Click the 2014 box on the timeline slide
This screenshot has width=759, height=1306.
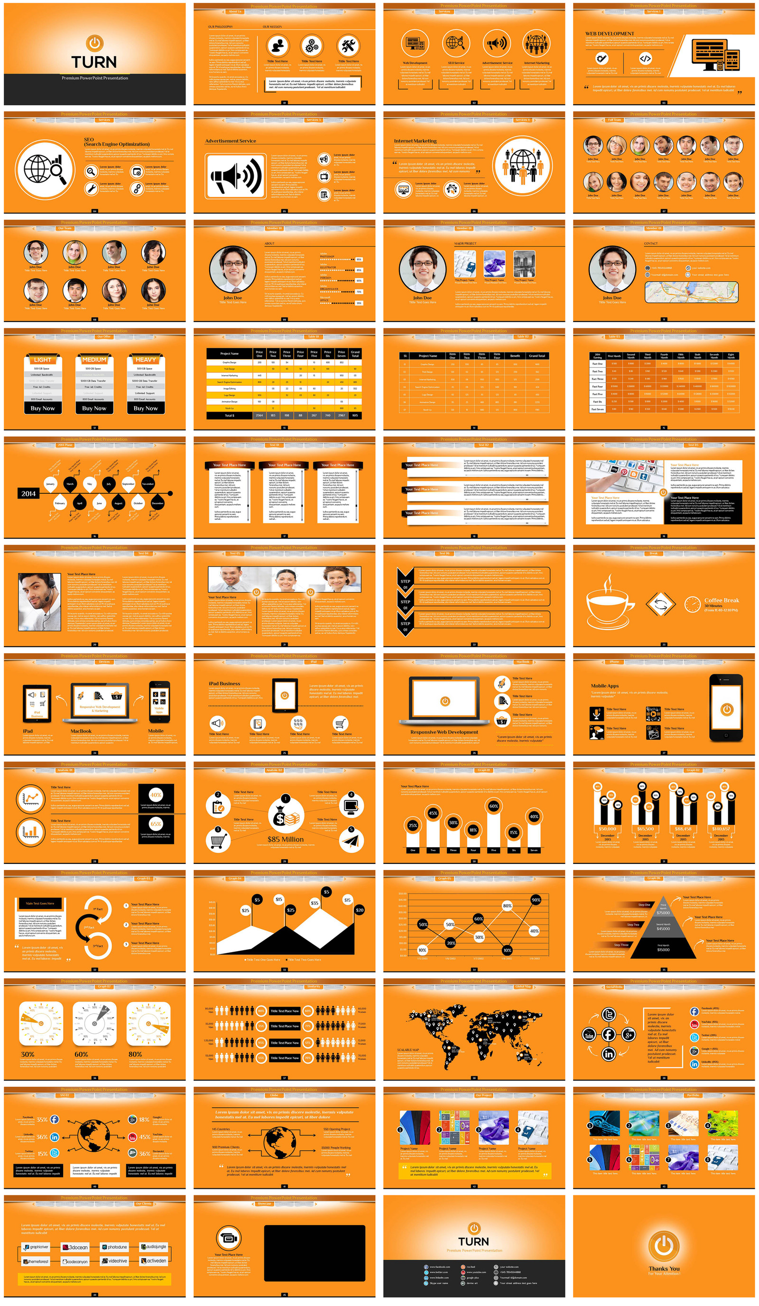point(28,493)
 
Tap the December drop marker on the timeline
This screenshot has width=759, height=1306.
point(157,503)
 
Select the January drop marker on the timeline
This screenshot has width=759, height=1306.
point(50,484)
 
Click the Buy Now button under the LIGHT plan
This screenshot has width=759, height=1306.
point(43,408)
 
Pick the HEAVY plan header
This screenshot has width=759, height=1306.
point(146,360)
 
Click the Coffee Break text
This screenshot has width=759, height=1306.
point(721,600)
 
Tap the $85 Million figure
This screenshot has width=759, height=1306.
point(286,839)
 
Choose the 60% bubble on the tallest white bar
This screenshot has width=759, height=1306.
point(494,806)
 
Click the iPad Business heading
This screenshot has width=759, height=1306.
point(224,684)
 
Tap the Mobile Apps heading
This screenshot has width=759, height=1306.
point(605,685)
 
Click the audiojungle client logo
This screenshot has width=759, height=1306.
point(154,1247)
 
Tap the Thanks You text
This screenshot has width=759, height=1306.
point(664,1269)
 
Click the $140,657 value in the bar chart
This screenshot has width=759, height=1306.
point(721,829)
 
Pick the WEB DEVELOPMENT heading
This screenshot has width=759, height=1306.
point(609,34)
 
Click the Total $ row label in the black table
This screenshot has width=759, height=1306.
point(229,415)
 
